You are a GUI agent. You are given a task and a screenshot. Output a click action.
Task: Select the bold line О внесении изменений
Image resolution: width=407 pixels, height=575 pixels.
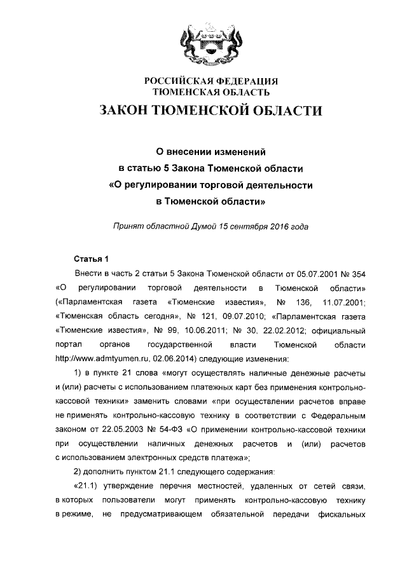(210, 152)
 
